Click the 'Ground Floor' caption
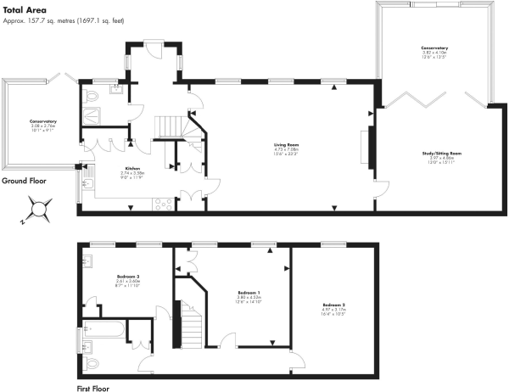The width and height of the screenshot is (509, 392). click(x=25, y=181)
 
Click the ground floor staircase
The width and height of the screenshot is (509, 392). click(x=169, y=128)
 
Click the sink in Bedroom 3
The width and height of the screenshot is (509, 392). click(x=87, y=261)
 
